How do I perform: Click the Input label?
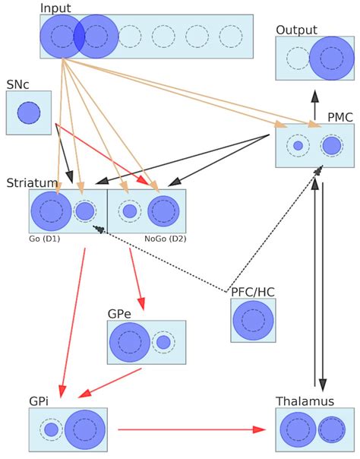tap(55, 8)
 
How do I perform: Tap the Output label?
tap(296, 30)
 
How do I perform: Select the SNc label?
tap(18, 84)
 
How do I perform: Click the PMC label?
tap(339, 117)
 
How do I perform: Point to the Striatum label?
tap(32, 183)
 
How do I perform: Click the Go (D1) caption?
tap(45, 239)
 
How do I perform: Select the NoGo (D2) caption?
tap(165, 239)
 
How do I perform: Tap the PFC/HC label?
tap(254, 290)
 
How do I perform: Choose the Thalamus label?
tap(305, 401)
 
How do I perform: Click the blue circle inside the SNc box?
tap(29, 112)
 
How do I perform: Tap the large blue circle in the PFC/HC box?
tap(253, 320)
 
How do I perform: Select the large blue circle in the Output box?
tap(332, 58)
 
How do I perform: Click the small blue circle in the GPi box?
tap(51, 429)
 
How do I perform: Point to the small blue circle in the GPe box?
tap(163, 342)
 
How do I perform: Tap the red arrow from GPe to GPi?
tap(110, 383)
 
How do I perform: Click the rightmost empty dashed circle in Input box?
tap(230, 36)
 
